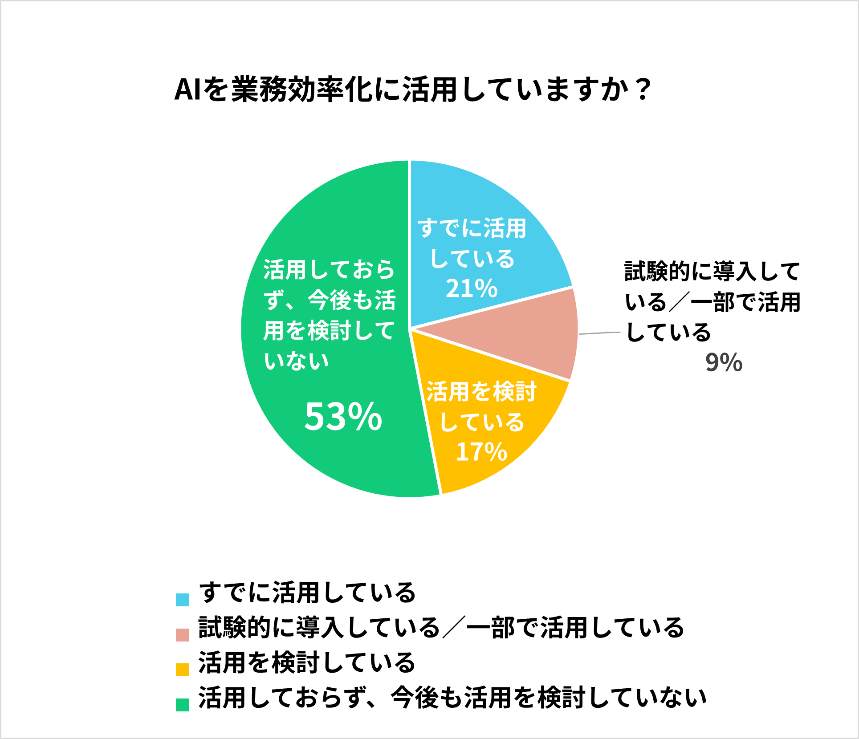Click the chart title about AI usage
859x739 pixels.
[x=413, y=90]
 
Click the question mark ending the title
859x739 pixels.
[x=643, y=90]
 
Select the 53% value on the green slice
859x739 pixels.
[x=343, y=417]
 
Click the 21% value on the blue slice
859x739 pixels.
[x=471, y=288]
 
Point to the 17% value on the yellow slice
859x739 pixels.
[x=481, y=451]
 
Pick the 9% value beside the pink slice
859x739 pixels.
[x=724, y=362]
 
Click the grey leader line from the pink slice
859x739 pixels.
[x=599, y=333]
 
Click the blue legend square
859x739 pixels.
[x=182, y=600]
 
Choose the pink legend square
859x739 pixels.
[x=182, y=635]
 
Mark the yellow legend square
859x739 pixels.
[x=182, y=670]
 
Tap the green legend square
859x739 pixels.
[x=182, y=705]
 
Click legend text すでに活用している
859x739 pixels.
[x=307, y=593]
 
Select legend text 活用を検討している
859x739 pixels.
[x=307, y=662]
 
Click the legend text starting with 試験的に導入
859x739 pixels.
[x=441, y=628]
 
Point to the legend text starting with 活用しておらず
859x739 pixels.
[x=452, y=698]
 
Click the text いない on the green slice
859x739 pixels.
[x=296, y=361]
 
